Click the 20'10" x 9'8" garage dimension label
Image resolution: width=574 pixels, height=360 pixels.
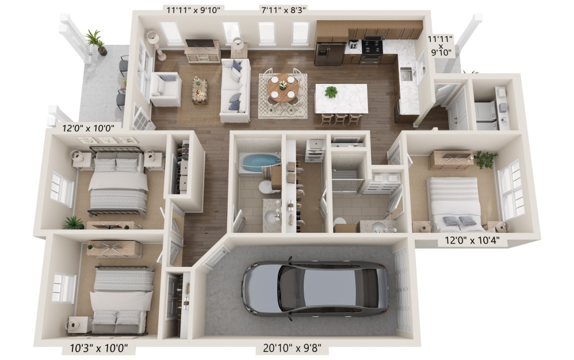point(292,348)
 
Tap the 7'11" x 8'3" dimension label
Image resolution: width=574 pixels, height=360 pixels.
point(284,10)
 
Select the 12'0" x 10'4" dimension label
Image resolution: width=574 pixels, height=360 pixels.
point(472,240)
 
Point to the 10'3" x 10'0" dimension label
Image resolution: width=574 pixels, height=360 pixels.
point(99,348)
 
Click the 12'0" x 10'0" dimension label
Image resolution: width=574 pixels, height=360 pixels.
point(88,128)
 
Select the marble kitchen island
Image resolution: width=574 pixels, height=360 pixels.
point(342,98)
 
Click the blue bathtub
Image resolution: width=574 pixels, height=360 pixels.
point(259,162)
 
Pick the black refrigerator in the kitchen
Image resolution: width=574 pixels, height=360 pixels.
point(330,54)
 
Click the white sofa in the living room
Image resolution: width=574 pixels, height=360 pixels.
point(235,90)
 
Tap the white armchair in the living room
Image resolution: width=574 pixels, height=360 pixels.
point(166,89)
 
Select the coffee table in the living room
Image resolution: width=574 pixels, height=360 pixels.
point(200,91)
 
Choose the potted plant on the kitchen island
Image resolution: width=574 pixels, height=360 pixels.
point(331,91)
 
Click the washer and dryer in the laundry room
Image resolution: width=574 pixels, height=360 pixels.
point(486,115)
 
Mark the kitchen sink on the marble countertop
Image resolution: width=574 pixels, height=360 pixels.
point(407,74)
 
